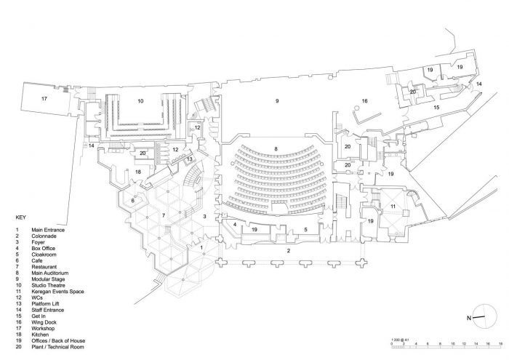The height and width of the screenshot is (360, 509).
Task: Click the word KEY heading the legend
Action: (x=20, y=217)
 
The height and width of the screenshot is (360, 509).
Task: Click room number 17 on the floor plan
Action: (x=44, y=98)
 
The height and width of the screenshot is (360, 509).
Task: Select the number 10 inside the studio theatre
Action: (x=140, y=101)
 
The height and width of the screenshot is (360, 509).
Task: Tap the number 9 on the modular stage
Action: (x=277, y=101)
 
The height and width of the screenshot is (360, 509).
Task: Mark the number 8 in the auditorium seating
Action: (x=276, y=149)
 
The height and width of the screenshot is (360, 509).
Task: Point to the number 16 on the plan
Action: (x=365, y=101)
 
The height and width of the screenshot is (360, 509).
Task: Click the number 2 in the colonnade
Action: (x=288, y=250)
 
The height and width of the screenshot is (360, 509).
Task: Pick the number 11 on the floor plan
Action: (x=393, y=207)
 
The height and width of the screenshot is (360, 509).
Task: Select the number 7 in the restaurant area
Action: (x=164, y=215)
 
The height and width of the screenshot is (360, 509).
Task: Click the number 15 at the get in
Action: (x=436, y=107)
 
